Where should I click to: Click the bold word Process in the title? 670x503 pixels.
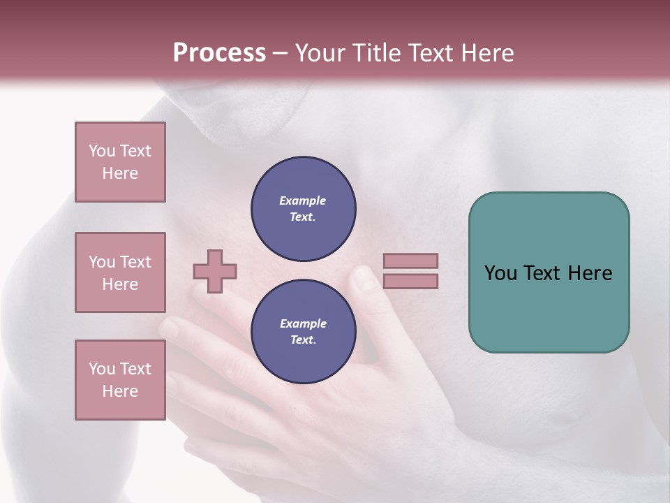click(x=219, y=53)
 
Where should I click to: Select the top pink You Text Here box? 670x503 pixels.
click(x=120, y=162)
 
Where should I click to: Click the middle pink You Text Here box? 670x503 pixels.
click(x=120, y=272)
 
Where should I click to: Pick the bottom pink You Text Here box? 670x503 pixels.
click(x=120, y=380)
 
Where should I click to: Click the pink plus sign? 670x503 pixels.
click(x=215, y=271)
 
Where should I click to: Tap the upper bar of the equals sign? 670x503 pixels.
click(x=410, y=261)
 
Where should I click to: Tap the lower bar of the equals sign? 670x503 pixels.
click(x=410, y=282)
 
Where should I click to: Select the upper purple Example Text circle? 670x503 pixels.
click(x=303, y=208)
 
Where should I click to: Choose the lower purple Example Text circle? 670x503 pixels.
click(x=303, y=331)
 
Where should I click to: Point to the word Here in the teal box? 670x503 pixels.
click(x=590, y=273)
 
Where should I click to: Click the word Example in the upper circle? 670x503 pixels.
click(x=302, y=201)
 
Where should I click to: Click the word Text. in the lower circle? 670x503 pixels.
click(x=303, y=340)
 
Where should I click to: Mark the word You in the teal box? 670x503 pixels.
click(x=500, y=273)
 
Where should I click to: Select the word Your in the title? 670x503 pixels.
click(x=321, y=53)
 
